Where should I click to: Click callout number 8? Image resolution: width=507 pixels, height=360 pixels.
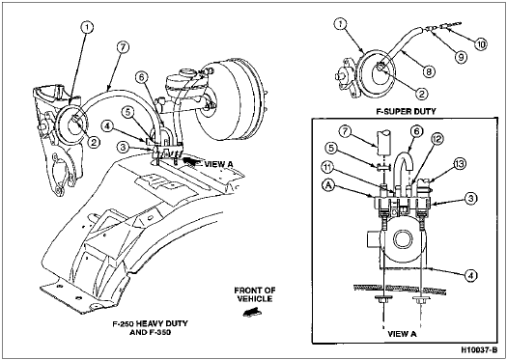point(429,71)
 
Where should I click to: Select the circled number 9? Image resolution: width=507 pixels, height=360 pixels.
point(460,57)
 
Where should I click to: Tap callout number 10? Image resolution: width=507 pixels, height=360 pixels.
point(481,44)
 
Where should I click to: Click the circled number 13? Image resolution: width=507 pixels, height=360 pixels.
point(460,164)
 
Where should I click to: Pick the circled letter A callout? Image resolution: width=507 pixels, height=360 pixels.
point(327,187)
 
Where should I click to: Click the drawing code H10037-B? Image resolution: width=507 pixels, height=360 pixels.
point(479,350)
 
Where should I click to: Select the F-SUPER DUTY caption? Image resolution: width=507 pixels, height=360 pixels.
point(406,112)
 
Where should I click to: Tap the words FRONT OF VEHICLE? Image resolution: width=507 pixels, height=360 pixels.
point(255,294)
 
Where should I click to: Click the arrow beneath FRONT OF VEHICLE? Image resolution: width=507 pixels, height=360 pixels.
point(252,312)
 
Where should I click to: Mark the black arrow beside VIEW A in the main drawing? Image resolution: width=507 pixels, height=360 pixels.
point(193,162)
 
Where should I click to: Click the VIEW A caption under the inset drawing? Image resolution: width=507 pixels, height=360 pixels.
point(402,334)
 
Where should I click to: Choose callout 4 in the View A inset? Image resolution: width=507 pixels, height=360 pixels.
point(470,276)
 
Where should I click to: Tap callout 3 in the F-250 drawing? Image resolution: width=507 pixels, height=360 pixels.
point(121,149)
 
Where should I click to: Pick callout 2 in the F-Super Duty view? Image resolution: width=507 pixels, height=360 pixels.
point(421,94)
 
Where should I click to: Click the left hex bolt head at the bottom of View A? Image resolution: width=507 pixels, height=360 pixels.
point(383,299)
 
